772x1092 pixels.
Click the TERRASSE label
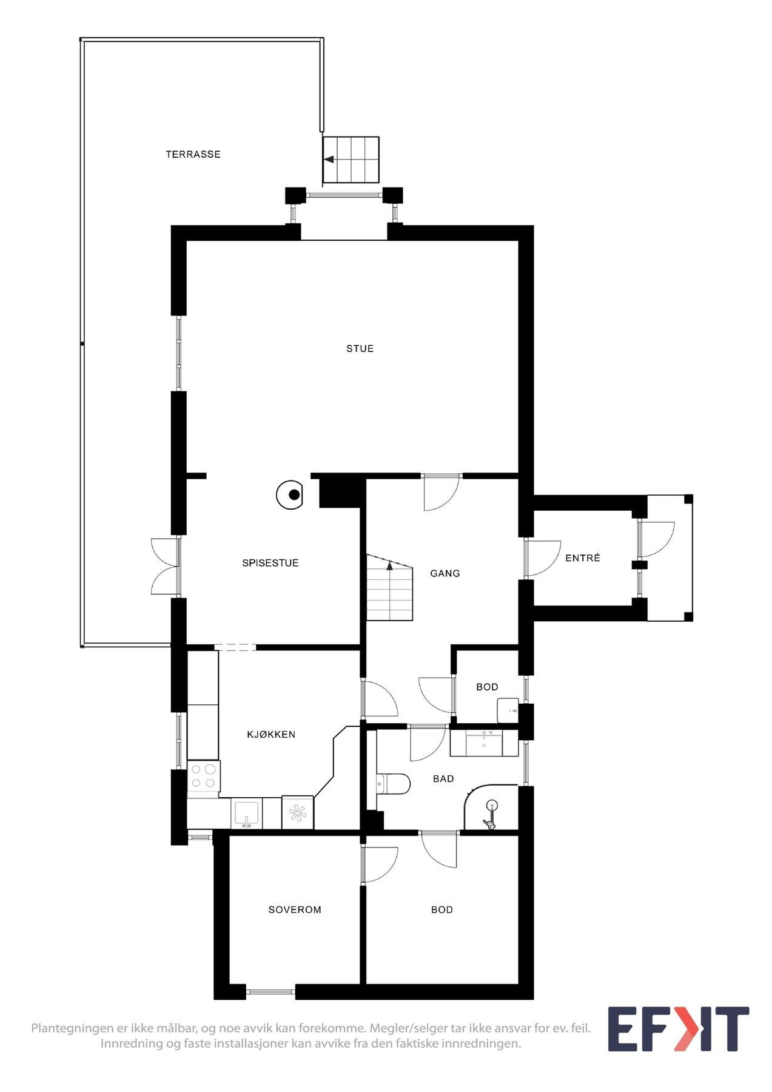point(193,155)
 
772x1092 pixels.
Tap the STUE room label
point(360,349)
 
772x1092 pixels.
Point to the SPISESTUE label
point(270,563)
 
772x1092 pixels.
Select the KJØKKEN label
point(270,735)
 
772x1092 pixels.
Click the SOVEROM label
point(295,910)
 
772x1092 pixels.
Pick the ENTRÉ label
point(582,558)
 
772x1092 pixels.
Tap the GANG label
point(445,573)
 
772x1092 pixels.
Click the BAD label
point(443,779)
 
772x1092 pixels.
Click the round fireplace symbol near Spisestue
point(290,495)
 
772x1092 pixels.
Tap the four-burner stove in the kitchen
point(203,776)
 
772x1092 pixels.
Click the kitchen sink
point(246,814)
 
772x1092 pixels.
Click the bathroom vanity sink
point(484,742)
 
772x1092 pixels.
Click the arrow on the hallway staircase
point(390,567)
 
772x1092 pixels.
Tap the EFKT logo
point(679,1029)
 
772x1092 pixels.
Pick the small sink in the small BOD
point(508,710)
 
